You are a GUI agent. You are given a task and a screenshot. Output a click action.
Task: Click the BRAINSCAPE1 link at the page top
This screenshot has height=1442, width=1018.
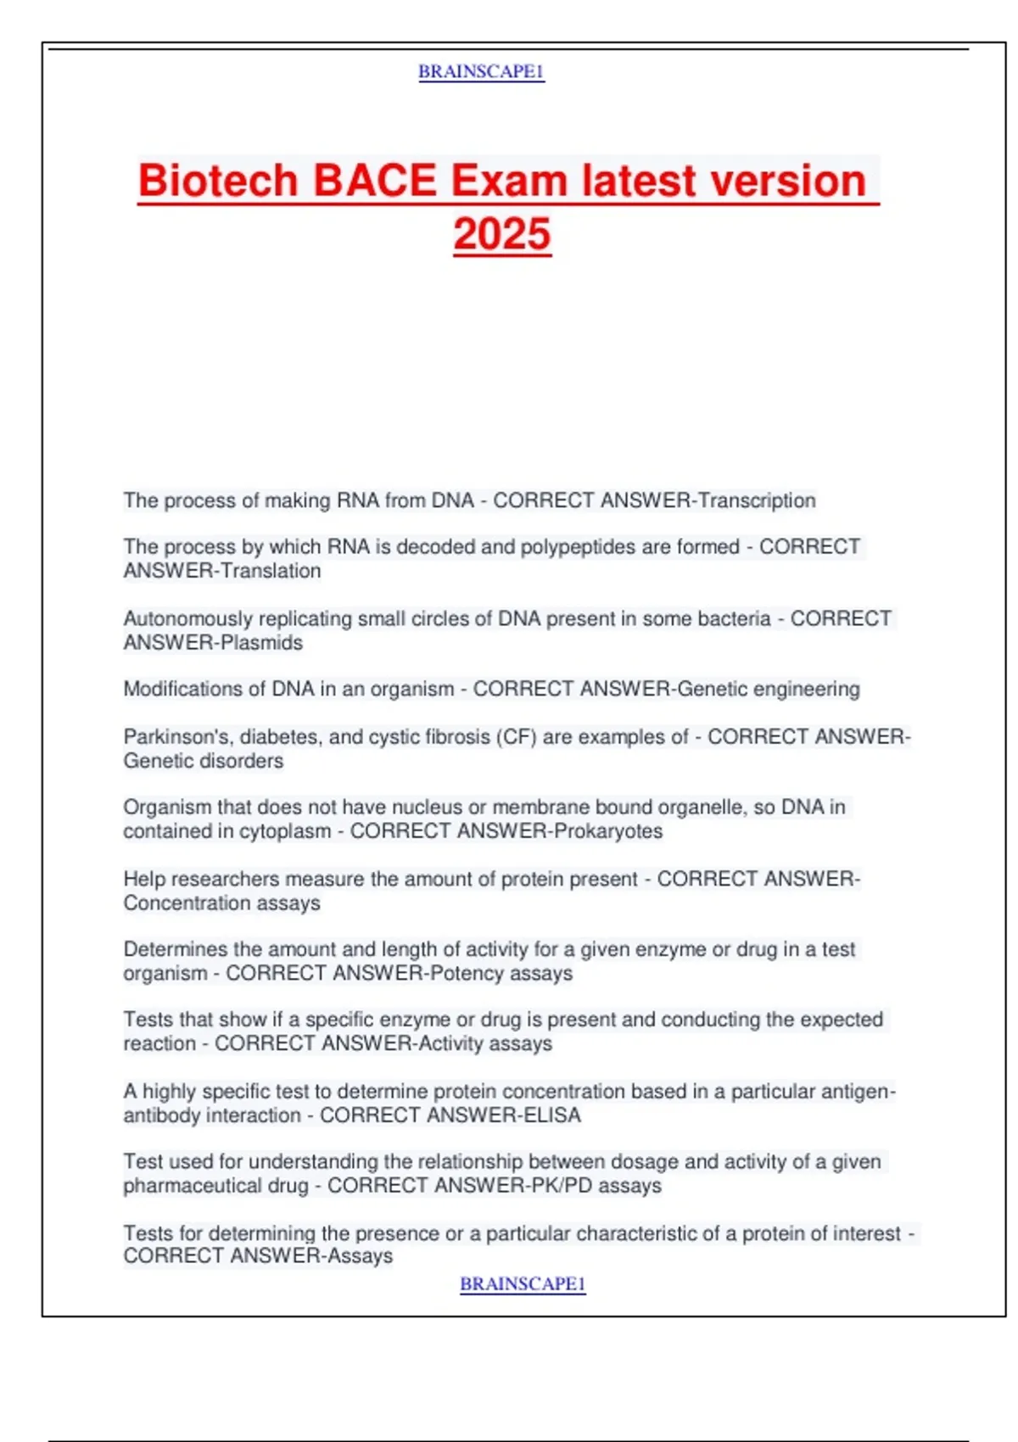click(481, 72)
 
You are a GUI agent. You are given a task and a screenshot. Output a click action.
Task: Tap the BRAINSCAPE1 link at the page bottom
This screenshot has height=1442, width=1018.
click(523, 1284)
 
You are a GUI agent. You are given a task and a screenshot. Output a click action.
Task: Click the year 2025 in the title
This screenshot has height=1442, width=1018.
click(502, 234)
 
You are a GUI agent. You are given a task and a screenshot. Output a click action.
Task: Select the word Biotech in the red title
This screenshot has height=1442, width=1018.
click(218, 181)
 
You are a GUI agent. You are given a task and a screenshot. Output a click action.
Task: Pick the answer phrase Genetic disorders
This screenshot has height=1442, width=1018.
click(204, 761)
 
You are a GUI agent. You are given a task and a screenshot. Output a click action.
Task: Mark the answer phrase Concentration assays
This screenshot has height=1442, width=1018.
click(222, 903)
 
